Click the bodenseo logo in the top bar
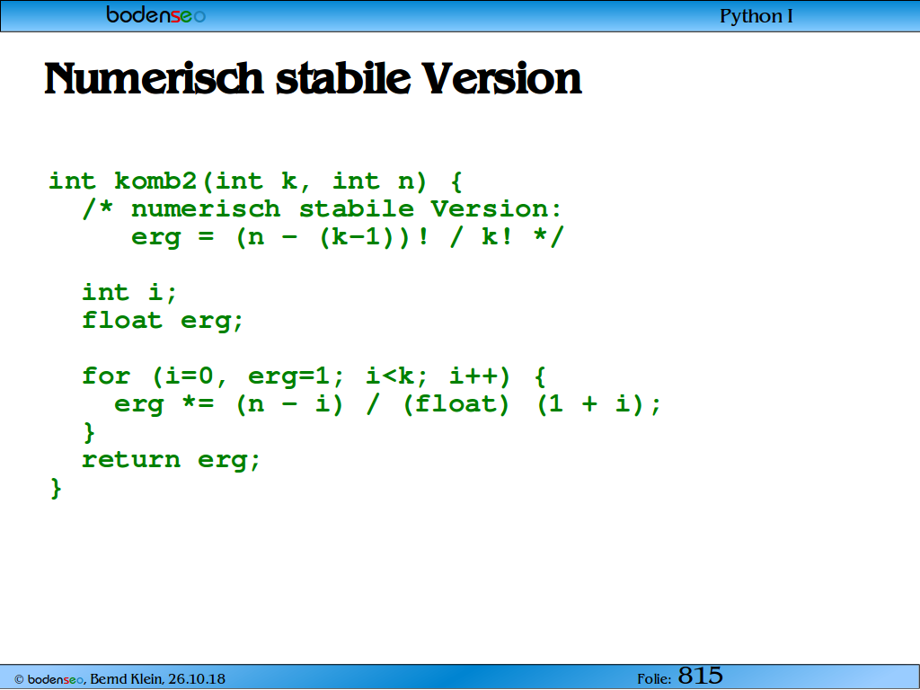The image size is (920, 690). click(156, 14)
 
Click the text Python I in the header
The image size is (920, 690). click(756, 16)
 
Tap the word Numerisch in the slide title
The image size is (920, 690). click(155, 79)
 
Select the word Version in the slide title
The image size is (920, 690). click(501, 79)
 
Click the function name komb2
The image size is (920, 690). click(155, 181)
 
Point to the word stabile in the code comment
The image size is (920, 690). click(356, 208)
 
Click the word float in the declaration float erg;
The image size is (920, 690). click(122, 321)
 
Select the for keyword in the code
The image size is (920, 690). click(106, 376)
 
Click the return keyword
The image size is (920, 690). click(131, 459)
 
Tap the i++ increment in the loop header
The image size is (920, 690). click(473, 376)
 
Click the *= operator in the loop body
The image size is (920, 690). click(199, 403)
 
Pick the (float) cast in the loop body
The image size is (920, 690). click(456, 404)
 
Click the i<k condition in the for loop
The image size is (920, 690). click(390, 376)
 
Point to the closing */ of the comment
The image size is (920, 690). click(549, 236)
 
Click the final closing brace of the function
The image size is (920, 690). click(56, 488)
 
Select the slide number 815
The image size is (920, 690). click(701, 676)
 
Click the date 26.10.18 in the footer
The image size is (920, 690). click(197, 679)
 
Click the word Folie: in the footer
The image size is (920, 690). click(654, 679)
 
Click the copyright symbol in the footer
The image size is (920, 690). click(19, 680)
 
